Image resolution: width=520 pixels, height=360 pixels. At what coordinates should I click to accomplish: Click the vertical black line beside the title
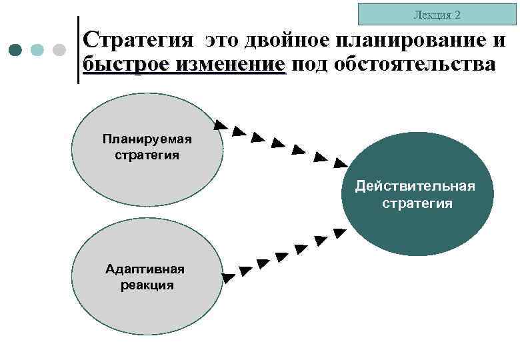pyautogui.click(x=78, y=50)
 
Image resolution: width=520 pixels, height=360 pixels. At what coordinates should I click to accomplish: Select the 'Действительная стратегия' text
pyautogui.click(x=416, y=194)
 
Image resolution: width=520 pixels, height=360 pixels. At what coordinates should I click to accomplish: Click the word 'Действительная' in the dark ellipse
pyautogui.click(x=416, y=185)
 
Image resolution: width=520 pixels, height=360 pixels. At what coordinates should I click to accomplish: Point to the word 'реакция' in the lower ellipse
pyautogui.click(x=147, y=285)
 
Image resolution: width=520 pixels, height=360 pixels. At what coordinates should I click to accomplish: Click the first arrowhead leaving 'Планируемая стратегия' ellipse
pyautogui.click(x=219, y=123)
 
